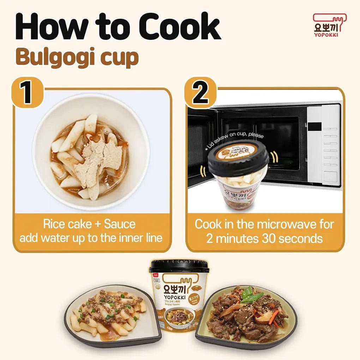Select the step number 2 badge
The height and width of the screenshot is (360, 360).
pos(200,92)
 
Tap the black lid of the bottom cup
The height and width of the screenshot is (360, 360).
pos(179,266)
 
